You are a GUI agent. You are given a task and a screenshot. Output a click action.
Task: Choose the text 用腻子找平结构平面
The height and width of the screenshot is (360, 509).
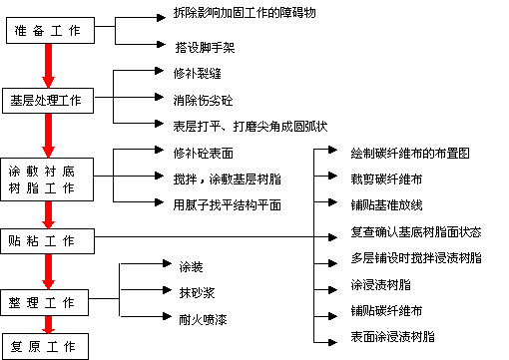pyautogui.click(x=227, y=204)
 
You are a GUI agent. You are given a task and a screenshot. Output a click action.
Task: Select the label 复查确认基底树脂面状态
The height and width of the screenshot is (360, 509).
pyautogui.click(x=416, y=231)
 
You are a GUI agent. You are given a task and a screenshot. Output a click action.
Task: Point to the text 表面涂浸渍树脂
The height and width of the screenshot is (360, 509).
pyautogui.click(x=392, y=337)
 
